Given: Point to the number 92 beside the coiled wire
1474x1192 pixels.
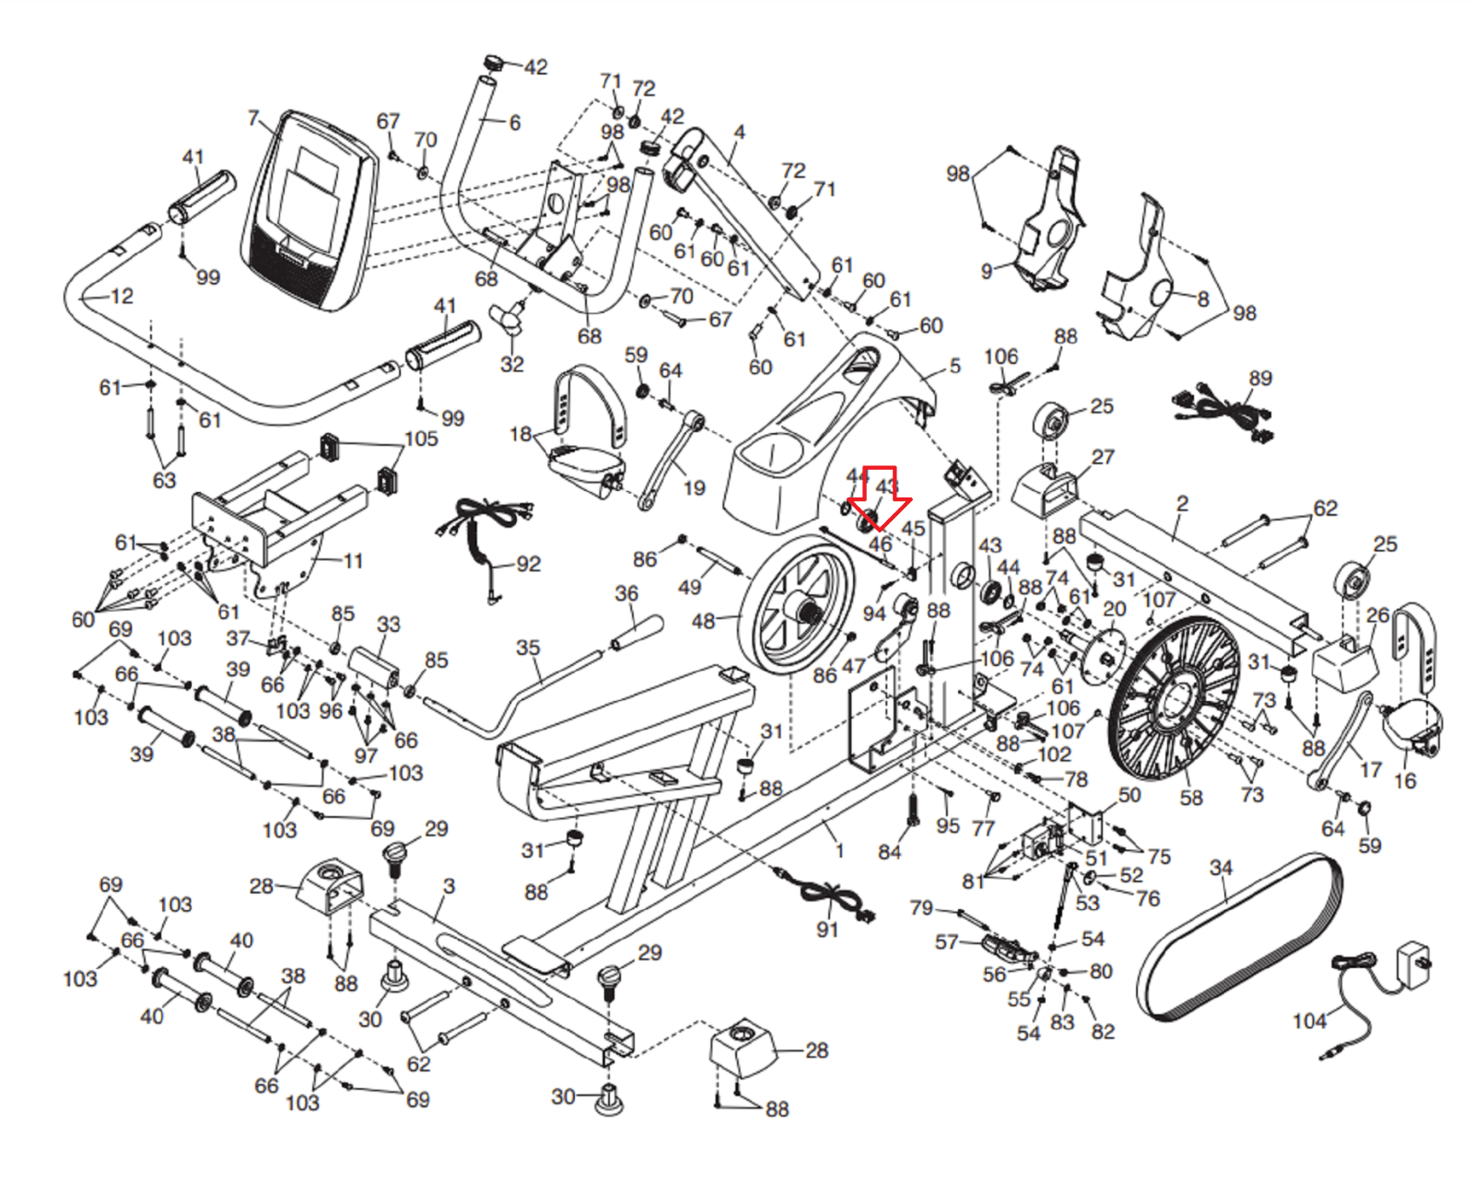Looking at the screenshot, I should tap(528, 564).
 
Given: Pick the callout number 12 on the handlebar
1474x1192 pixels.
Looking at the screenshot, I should tap(122, 297).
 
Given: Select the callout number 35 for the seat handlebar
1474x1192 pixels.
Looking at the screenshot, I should tap(528, 648).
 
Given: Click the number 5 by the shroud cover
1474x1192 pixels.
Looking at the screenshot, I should tap(955, 366).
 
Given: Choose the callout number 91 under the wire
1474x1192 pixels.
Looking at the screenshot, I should tap(827, 930).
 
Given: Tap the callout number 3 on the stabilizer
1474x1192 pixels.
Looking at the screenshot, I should tap(449, 885).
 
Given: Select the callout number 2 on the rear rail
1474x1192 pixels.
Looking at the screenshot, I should tap(1183, 504).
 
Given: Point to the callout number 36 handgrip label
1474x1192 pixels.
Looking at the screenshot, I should tap(626, 594).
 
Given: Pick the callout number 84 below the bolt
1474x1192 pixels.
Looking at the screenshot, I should tap(889, 852).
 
